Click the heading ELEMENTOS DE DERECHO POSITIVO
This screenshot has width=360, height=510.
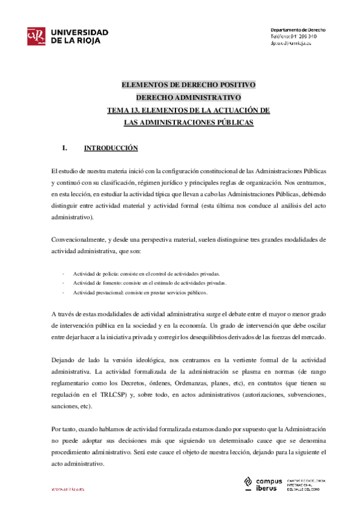pos(188,84)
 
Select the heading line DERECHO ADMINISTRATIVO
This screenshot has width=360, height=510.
pos(188,97)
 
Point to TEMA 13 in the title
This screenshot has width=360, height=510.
pos(124,110)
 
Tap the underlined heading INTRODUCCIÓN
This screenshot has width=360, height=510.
pos(111,148)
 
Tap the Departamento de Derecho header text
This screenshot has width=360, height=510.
pos(297,29)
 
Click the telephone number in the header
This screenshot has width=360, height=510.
pos(305,37)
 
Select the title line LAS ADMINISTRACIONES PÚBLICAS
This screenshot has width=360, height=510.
pos(188,123)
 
